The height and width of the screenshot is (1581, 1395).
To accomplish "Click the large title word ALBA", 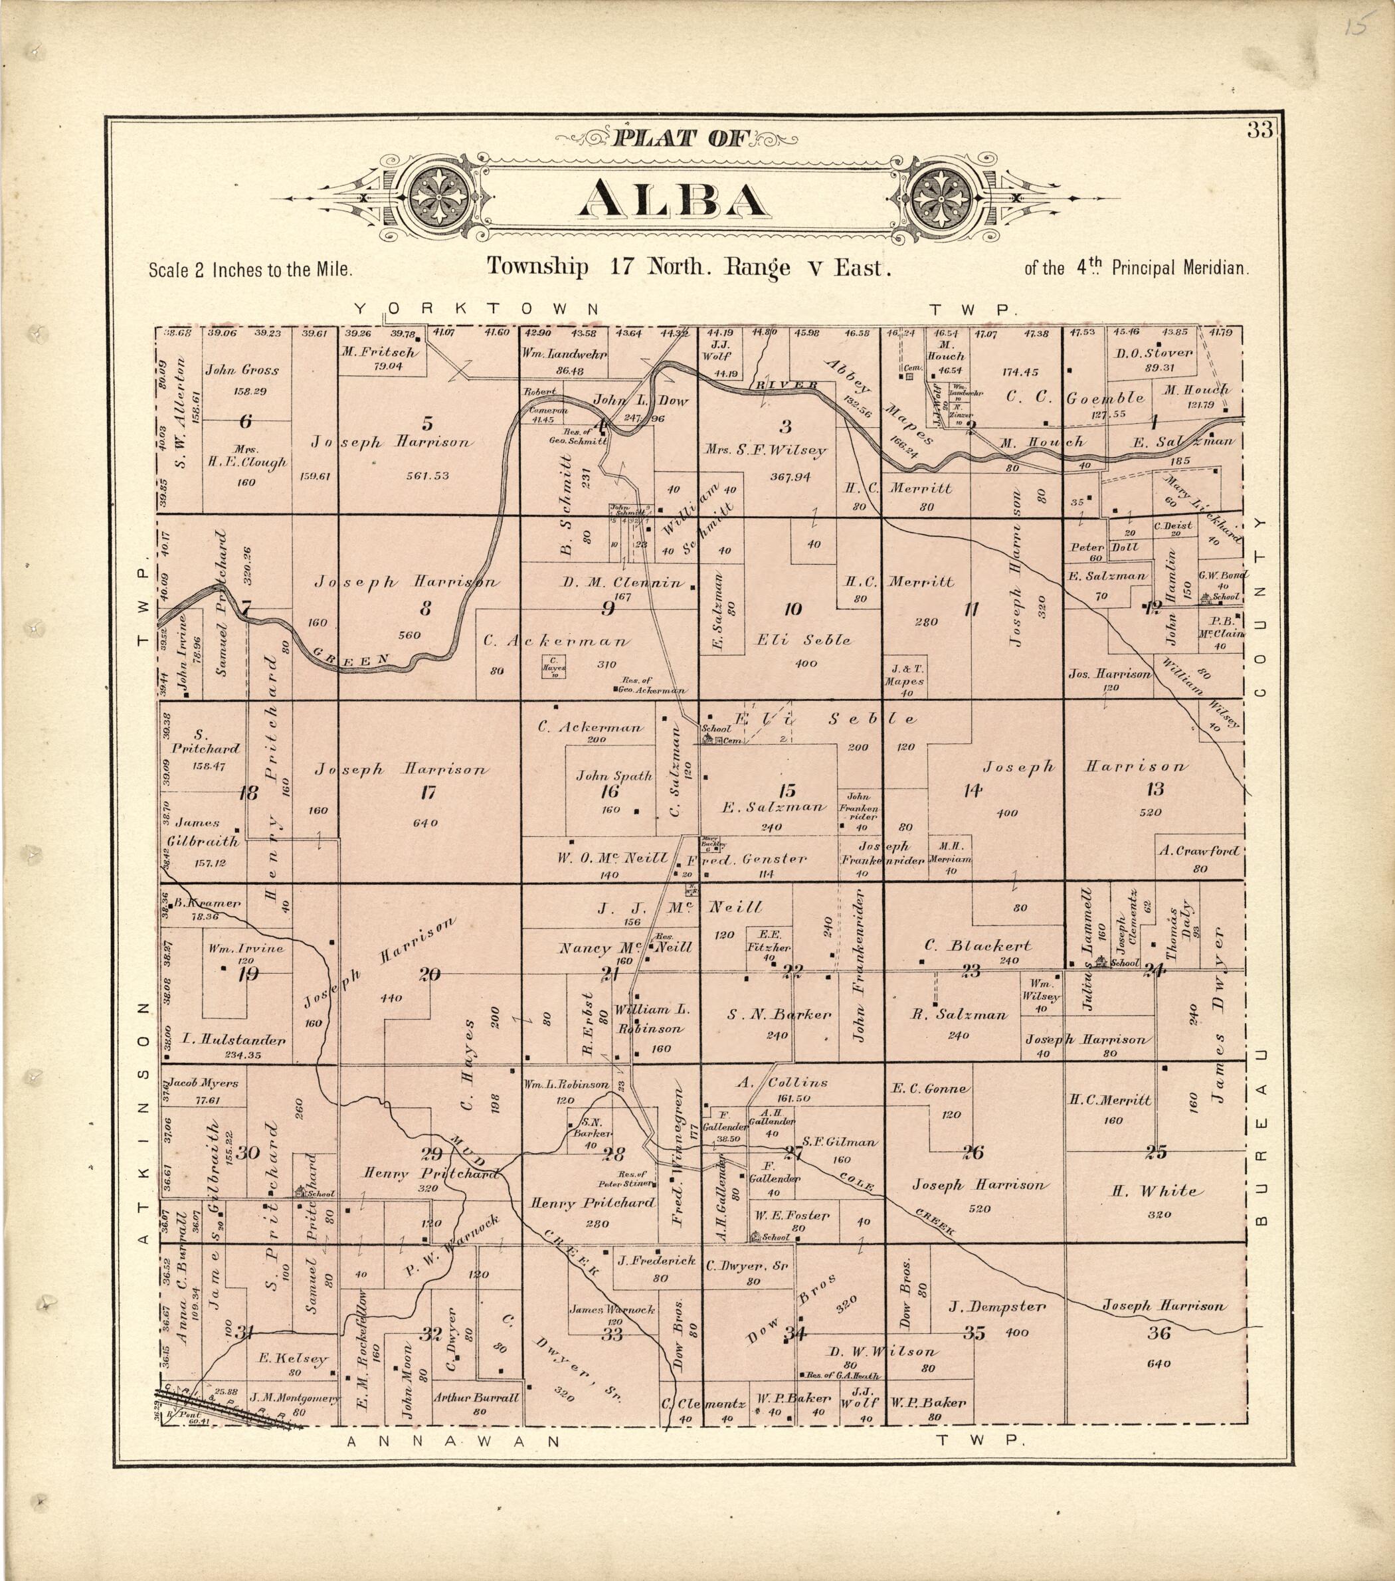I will [672, 199].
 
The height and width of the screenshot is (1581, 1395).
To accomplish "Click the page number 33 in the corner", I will [1259, 131].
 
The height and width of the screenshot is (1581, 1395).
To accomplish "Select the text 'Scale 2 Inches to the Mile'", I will [250, 271].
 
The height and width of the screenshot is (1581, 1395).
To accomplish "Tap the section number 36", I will [1159, 1332].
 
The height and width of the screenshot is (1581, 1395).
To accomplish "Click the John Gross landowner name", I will [242, 370].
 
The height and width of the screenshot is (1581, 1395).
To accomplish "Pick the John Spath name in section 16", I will [614, 776].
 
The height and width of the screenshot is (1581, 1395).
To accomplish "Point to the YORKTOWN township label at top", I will [476, 309].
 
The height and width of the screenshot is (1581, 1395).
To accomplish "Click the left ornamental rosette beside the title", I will [438, 196].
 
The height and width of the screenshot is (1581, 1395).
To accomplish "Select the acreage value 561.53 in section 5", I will [427, 475].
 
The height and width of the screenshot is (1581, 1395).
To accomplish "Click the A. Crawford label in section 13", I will [1198, 851].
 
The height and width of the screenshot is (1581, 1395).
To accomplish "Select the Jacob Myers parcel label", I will [204, 1083].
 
